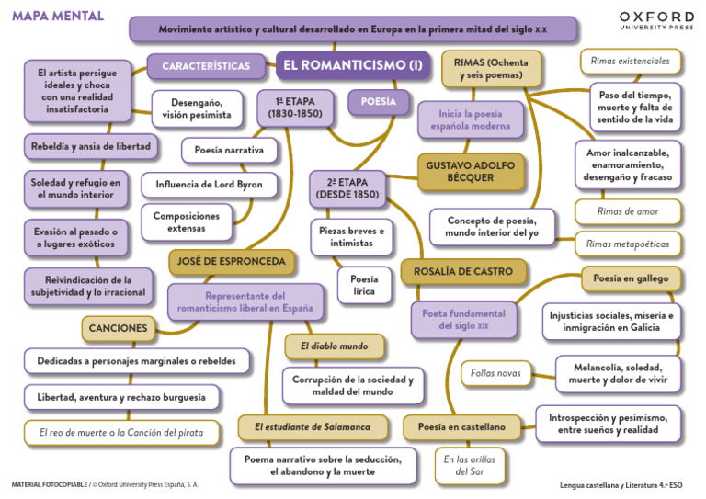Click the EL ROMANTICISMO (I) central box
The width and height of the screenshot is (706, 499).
(x=352, y=65)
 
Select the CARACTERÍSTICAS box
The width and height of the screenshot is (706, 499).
(x=206, y=66)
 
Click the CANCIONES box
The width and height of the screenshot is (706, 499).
(x=118, y=327)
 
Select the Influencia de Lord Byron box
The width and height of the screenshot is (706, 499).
(x=208, y=185)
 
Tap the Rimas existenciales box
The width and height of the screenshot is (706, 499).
(x=631, y=62)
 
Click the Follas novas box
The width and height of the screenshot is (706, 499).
(x=495, y=373)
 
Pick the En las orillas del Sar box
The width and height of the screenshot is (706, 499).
(x=470, y=465)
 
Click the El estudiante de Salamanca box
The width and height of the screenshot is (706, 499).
(x=312, y=426)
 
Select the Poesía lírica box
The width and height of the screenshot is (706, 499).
(x=365, y=285)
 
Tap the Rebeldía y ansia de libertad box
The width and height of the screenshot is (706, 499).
(x=90, y=146)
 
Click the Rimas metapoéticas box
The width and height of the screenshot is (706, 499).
(x=629, y=244)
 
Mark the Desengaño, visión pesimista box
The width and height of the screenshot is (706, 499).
(x=198, y=108)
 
